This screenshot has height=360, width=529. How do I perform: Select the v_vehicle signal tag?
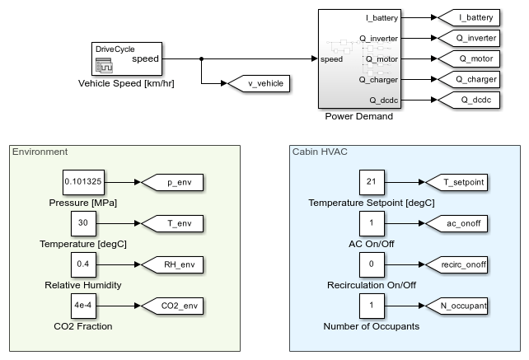[256, 82]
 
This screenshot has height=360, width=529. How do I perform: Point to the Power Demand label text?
[358, 116]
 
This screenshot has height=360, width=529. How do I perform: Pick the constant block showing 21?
[372, 182]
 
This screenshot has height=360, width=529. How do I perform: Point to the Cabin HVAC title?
[319, 152]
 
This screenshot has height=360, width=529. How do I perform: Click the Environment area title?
[40, 152]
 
